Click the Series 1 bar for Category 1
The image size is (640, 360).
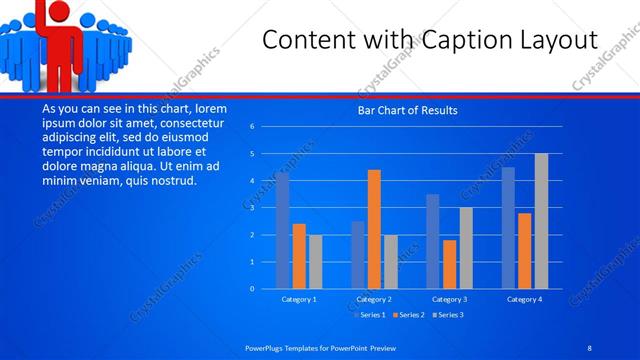(x=283, y=231)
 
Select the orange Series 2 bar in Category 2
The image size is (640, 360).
(x=374, y=229)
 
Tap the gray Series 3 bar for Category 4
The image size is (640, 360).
(x=541, y=221)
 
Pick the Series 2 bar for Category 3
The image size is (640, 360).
(x=449, y=264)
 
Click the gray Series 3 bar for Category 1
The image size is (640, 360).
(x=316, y=262)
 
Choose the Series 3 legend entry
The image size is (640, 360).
(x=450, y=314)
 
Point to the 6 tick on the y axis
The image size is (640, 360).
(x=252, y=127)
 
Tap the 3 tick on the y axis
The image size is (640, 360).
(x=252, y=208)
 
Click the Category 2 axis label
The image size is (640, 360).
(x=374, y=299)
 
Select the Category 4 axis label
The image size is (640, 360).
(x=524, y=299)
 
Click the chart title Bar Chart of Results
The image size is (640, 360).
(x=408, y=110)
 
